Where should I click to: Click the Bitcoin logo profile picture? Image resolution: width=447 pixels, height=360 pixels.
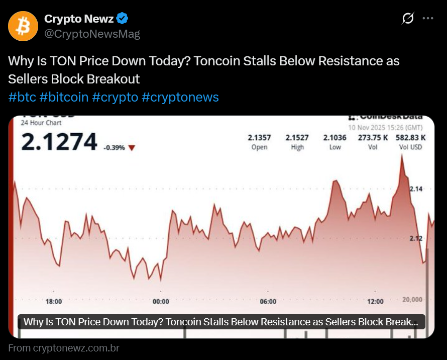(x=23, y=26)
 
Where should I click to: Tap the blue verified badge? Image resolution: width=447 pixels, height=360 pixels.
(x=123, y=19)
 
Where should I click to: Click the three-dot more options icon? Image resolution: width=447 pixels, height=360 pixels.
(x=427, y=19)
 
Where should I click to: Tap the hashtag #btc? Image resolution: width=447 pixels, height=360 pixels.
(x=22, y=97)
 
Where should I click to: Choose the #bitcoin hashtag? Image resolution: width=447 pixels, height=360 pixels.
(x=64, y=97)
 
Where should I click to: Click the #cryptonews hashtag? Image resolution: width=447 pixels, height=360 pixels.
(x=180, y=97)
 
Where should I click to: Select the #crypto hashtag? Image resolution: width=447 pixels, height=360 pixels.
(x=115, y=97)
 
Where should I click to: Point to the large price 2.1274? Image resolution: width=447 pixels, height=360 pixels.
(x=59, y=141)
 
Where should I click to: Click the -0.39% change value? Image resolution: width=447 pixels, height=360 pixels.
(x=114, y=148)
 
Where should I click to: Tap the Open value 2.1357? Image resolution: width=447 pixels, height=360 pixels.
(x=259, y=138)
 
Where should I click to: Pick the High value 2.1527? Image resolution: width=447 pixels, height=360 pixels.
(x=297, y=138)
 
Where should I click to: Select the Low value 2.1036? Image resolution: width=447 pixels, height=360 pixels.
(x=334, y=138)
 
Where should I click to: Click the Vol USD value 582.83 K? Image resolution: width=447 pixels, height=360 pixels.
(x=410, y=138)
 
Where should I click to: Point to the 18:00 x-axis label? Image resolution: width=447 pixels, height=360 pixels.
(x=54, y=302)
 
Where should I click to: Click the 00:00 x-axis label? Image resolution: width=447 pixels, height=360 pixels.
(x=161, y=302)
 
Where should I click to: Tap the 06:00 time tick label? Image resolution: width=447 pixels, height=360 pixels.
(x=268, y=302)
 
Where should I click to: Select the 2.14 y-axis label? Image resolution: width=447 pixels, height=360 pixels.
(x=416, y=189)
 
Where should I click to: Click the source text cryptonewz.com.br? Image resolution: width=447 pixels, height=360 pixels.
(x=76, y=348)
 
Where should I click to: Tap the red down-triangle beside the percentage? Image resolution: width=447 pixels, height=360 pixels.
(x=132, y=148)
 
